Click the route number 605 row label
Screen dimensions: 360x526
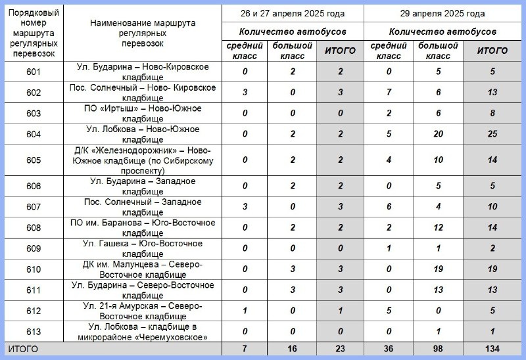point(34,160)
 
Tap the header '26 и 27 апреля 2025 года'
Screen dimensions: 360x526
point(293,13)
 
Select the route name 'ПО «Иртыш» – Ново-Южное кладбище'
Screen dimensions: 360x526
point(142,114)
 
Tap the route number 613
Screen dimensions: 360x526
point(34,332)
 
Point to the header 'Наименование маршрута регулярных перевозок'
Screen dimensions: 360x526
point(142,33)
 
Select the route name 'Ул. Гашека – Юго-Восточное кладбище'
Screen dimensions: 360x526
point(142,249)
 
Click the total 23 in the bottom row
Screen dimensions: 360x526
point(341,348)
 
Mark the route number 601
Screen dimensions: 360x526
point(34,72)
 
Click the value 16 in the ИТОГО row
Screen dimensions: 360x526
point(293,348)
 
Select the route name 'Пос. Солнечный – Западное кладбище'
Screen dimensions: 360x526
point(142,207)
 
